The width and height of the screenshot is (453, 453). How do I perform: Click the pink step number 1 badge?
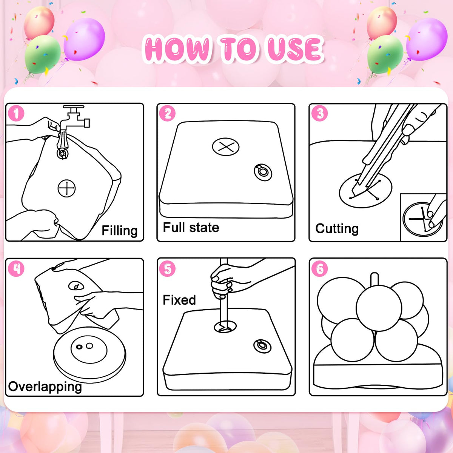(16, 113)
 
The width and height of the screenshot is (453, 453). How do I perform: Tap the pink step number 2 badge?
(167, 113)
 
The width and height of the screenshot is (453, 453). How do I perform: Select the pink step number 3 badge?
(319, 113)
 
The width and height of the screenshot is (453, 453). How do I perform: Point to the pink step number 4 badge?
(16, 268)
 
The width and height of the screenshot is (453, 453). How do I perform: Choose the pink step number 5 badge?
(167, 268)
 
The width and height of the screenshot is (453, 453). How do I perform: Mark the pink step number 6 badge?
(319, 268)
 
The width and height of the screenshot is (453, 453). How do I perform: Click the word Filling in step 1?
(119, 231)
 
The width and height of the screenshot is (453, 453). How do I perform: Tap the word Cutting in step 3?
(337, 228)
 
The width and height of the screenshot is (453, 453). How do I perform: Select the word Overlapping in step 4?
(45, 387)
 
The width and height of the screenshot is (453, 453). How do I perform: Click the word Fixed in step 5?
(179, 300)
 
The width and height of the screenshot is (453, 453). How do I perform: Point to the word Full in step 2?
(174, 227)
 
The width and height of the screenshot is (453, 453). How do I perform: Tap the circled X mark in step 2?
(226, 147)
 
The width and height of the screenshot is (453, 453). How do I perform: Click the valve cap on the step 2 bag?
(263, 172)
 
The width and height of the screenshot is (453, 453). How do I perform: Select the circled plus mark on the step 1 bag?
(67, 188)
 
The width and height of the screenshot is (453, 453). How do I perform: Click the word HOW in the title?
(177, 49)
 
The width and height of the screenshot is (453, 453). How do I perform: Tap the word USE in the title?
(295, 50)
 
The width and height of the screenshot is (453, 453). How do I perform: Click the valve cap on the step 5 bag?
(262, 346)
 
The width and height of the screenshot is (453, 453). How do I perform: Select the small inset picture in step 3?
(424, 217)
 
